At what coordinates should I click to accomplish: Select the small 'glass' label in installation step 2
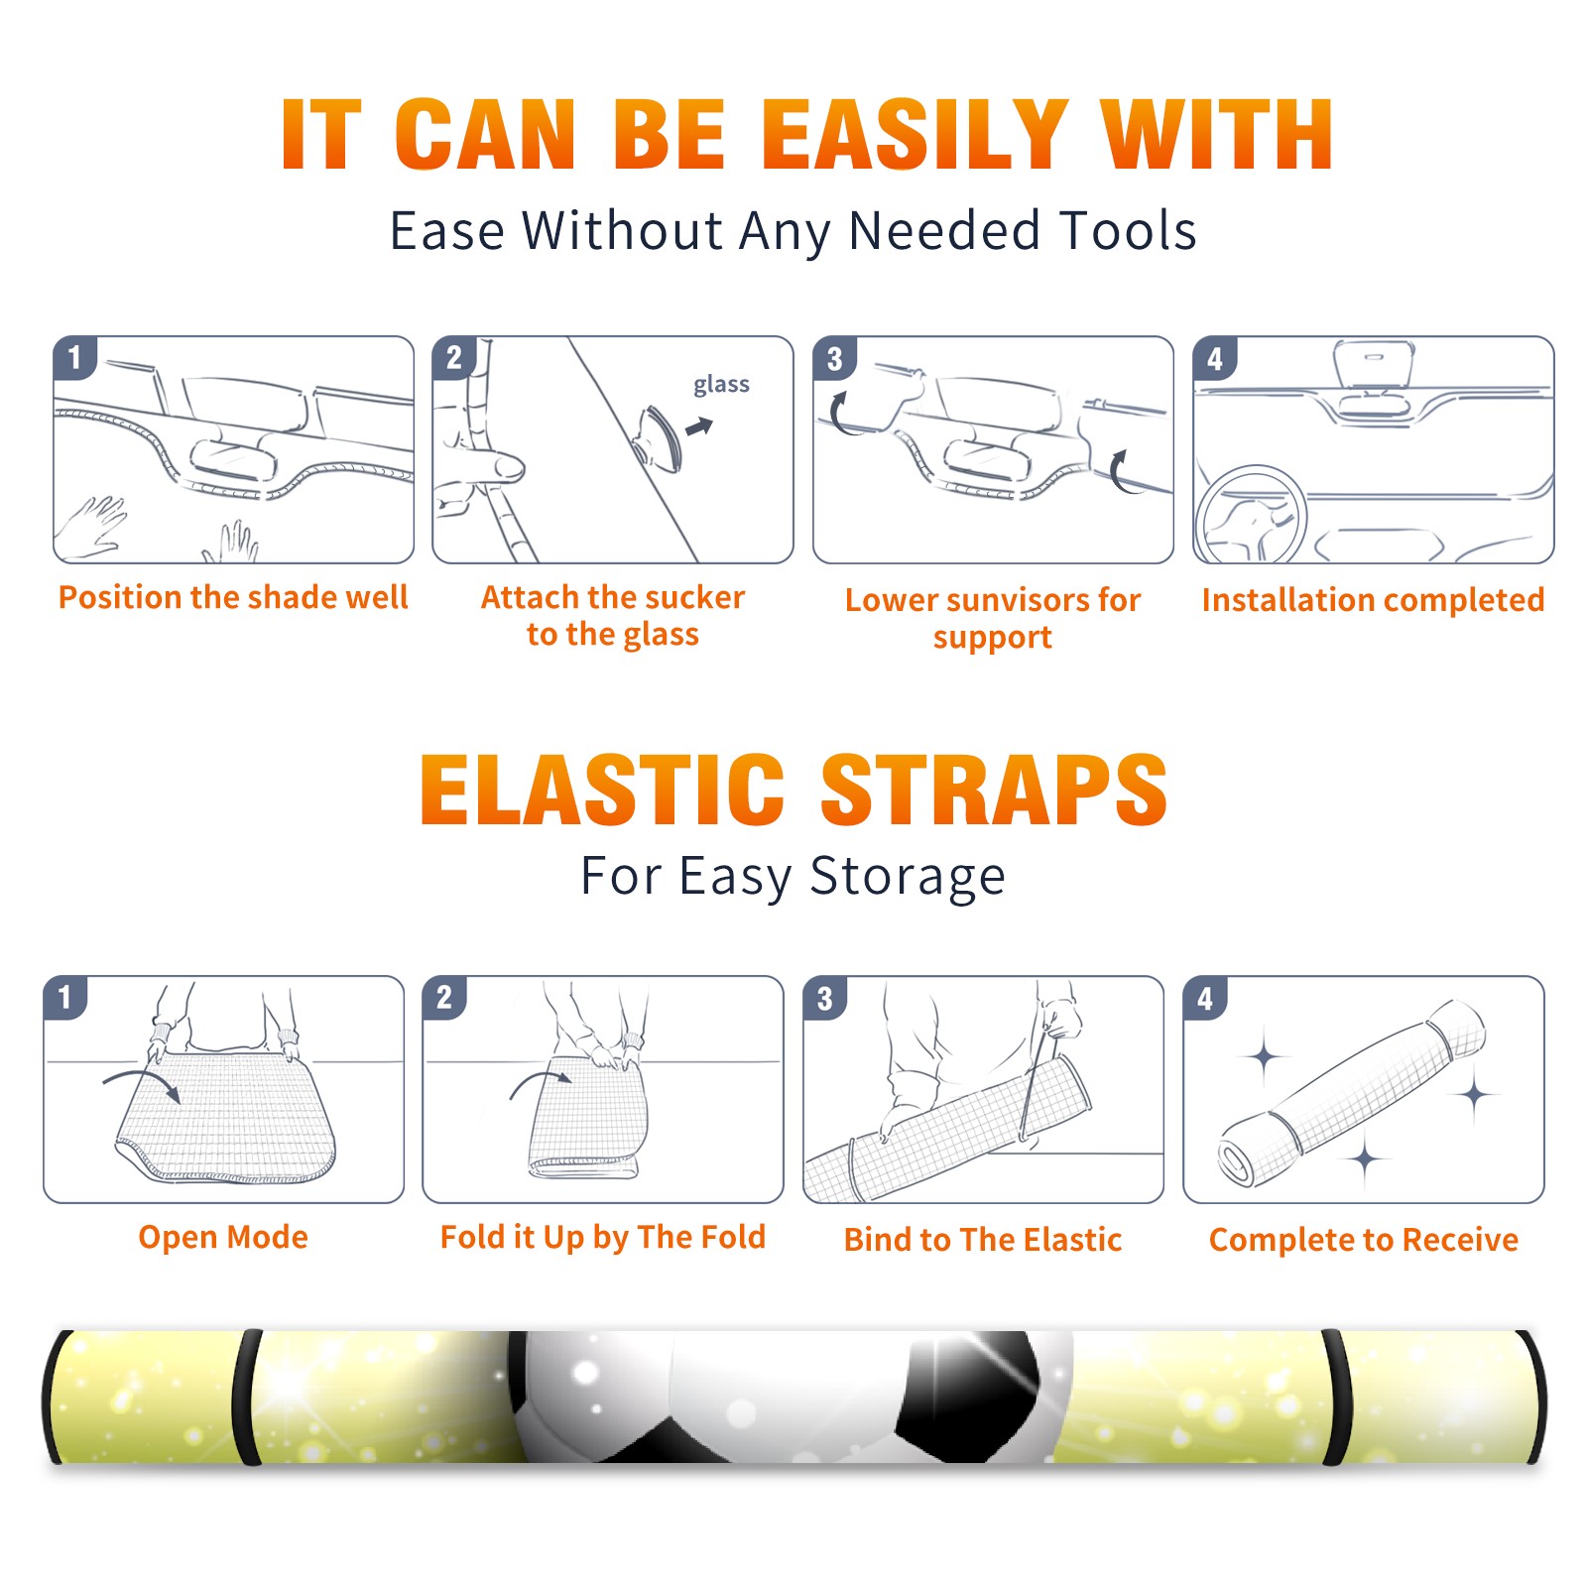point(721,385)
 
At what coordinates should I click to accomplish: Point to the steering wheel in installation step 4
point(1251,514)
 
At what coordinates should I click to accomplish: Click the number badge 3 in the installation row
point(834,358)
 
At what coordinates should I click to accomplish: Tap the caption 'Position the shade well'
point(233,597)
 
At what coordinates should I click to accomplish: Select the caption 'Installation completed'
point(1373,600)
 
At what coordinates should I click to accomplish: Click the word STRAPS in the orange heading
point(994,790)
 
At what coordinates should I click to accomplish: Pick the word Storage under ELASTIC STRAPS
point(908,877)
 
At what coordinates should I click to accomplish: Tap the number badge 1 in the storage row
point(65,998)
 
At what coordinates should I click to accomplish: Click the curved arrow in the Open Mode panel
point(142,1082)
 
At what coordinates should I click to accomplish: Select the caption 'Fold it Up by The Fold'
point(603,1237)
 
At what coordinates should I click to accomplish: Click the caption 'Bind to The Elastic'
point(983,1240)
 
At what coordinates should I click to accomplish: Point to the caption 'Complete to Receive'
point(1364,1240)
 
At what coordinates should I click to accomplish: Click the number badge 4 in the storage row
point(1205,998)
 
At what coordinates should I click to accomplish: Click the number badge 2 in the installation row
point(454,358)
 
